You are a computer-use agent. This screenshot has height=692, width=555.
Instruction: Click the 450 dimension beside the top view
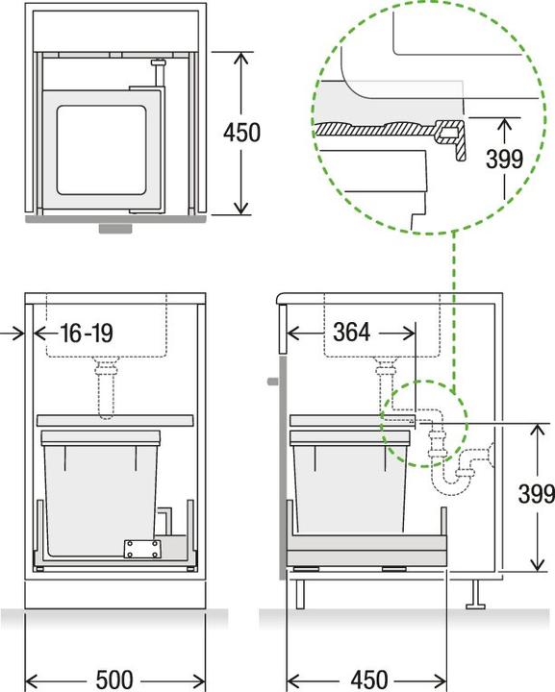241,132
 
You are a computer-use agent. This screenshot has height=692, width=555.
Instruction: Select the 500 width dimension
114,679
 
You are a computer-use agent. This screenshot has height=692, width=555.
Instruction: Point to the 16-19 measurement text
86,334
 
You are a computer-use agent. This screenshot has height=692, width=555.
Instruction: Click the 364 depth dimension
351,333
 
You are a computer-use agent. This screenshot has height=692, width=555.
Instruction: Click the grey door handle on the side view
271,382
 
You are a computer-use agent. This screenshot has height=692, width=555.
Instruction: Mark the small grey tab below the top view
115,230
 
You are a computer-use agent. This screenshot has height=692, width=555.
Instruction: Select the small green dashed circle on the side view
423,423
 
